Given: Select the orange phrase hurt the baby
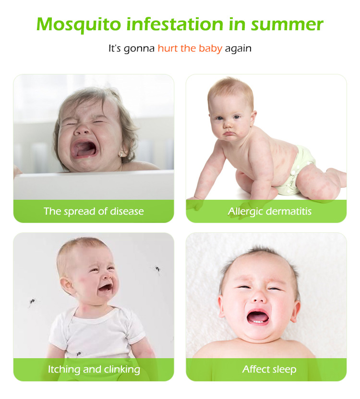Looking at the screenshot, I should click(190, 48).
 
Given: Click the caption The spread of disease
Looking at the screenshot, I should click(94, 211).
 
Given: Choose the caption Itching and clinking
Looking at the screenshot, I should click(94, 369).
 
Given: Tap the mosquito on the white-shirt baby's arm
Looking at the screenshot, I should click(79, 354).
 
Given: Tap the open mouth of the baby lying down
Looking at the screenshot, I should click(258, 317).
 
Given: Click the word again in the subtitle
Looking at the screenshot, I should click(238, 48).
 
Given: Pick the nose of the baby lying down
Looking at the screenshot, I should click(259, 298).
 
